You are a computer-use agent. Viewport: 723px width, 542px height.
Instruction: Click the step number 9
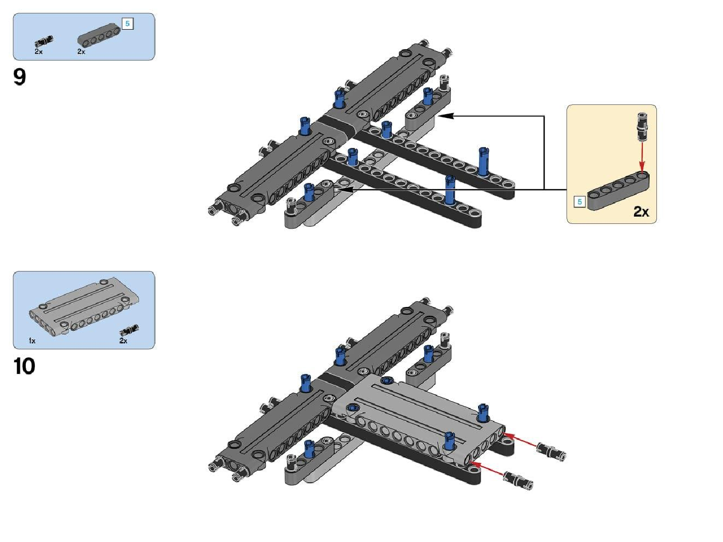pos(19,77)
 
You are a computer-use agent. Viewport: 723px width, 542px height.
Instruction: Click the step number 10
pos(24,366)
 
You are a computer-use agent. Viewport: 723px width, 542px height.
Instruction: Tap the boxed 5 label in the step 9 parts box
pos(127,24)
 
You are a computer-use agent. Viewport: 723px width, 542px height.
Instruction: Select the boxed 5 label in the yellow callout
pos(580,202)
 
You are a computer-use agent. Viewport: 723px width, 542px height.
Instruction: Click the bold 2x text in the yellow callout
pos(641,212)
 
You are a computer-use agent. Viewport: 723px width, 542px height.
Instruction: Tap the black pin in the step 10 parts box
pos(129,330)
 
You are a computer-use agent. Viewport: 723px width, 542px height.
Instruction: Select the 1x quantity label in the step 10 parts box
pos(32,341)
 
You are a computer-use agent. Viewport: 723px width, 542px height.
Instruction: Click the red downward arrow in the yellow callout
pos(642,156)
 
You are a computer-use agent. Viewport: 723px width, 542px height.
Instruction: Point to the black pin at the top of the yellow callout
pos(642,126)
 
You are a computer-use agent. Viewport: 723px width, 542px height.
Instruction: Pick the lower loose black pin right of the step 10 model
pos(518,481)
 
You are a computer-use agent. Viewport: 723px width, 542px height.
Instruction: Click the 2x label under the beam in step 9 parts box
pos(81,51)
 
